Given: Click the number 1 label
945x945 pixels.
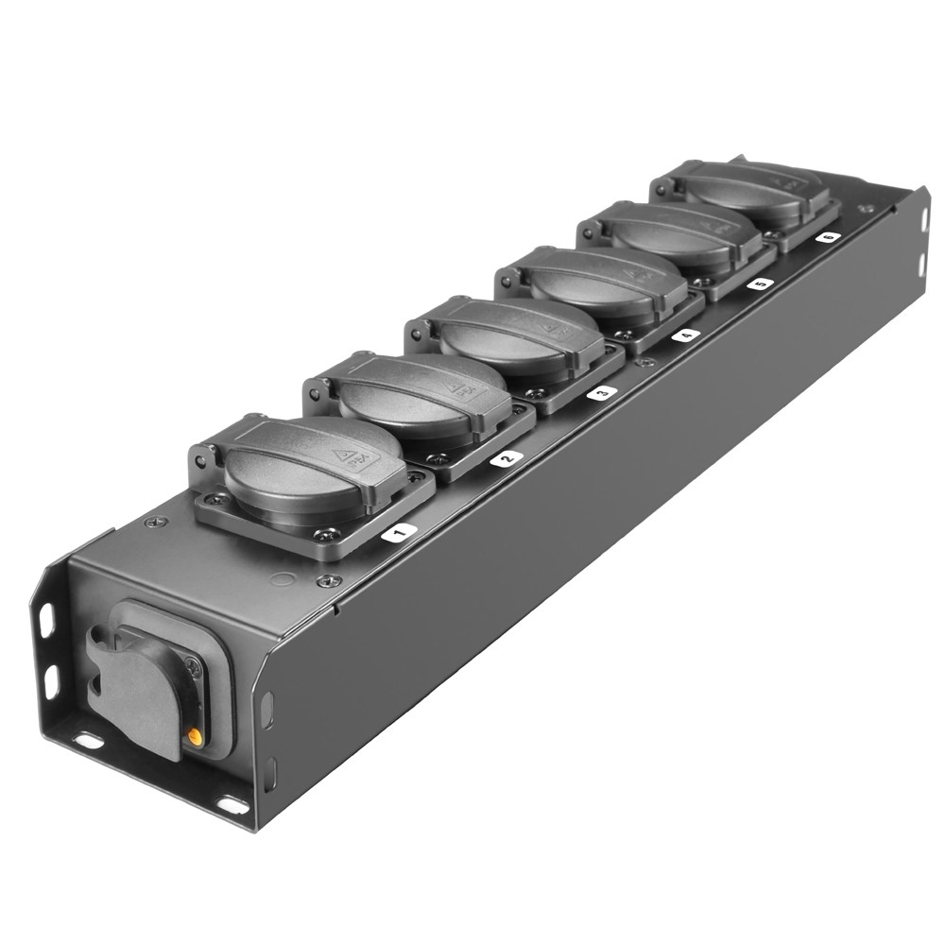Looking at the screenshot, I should pos(398,533).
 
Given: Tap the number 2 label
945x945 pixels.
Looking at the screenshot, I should pos(506,458).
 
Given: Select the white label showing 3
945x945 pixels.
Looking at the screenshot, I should pos(601,392).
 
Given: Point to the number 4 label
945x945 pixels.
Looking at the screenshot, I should pos(685,335).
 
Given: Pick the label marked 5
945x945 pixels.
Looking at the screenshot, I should pos(759,283).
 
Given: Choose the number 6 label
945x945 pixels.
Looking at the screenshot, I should pos(828,237).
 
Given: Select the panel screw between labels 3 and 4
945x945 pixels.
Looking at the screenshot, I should pos(646,362).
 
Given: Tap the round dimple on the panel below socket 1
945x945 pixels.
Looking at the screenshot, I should pos(280,577).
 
